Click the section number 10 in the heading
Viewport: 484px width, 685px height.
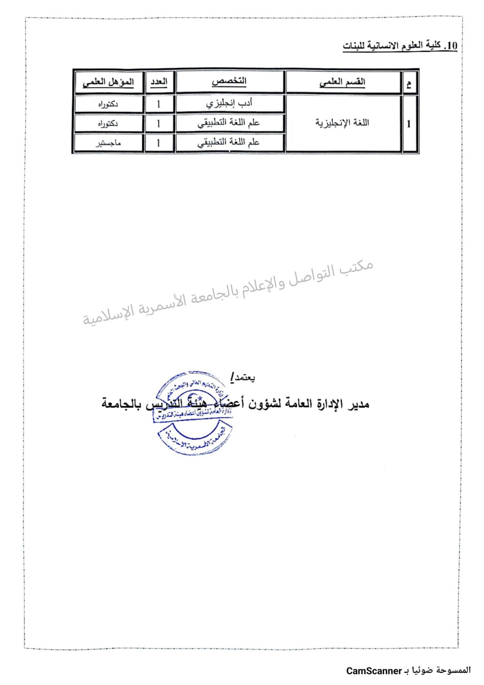click(452, 46)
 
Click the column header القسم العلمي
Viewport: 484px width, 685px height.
click(342, 82)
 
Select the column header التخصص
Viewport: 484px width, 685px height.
click(229, 82)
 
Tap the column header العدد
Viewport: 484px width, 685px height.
click(159, 82)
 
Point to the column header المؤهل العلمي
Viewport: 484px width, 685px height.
click(108, 82)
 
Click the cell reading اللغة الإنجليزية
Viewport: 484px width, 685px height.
click(342, 123)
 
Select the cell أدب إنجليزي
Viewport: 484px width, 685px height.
click(229, 104)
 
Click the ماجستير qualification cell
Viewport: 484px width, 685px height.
click(108, 143)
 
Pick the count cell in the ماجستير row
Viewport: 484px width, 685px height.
click(159, 143)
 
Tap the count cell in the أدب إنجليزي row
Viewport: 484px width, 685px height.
click(159, 104)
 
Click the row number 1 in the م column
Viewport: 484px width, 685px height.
click(409, 124)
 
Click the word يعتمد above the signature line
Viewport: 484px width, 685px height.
click(243, 378)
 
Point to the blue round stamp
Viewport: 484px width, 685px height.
click(194, 413)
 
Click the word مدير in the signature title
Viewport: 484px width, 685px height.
click(359, 404)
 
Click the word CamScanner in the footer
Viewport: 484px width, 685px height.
click(374, 671)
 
